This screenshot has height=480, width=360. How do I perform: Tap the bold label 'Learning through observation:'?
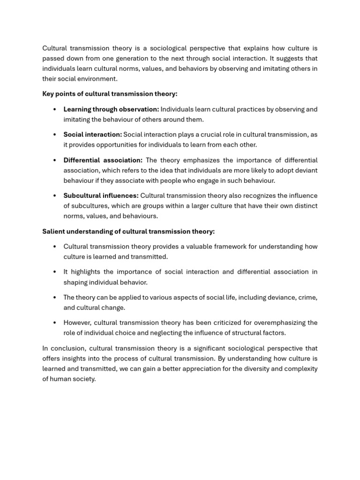111,109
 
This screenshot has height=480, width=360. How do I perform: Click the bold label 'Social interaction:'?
92,135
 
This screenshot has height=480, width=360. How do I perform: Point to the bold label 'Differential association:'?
103,160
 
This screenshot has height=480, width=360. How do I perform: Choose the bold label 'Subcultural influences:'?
101,196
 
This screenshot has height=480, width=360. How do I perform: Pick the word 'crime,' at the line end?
307,298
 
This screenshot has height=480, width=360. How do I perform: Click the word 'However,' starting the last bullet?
77,323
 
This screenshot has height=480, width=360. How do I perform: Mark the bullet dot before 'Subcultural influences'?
55,196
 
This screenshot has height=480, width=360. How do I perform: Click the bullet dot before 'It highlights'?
55,272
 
